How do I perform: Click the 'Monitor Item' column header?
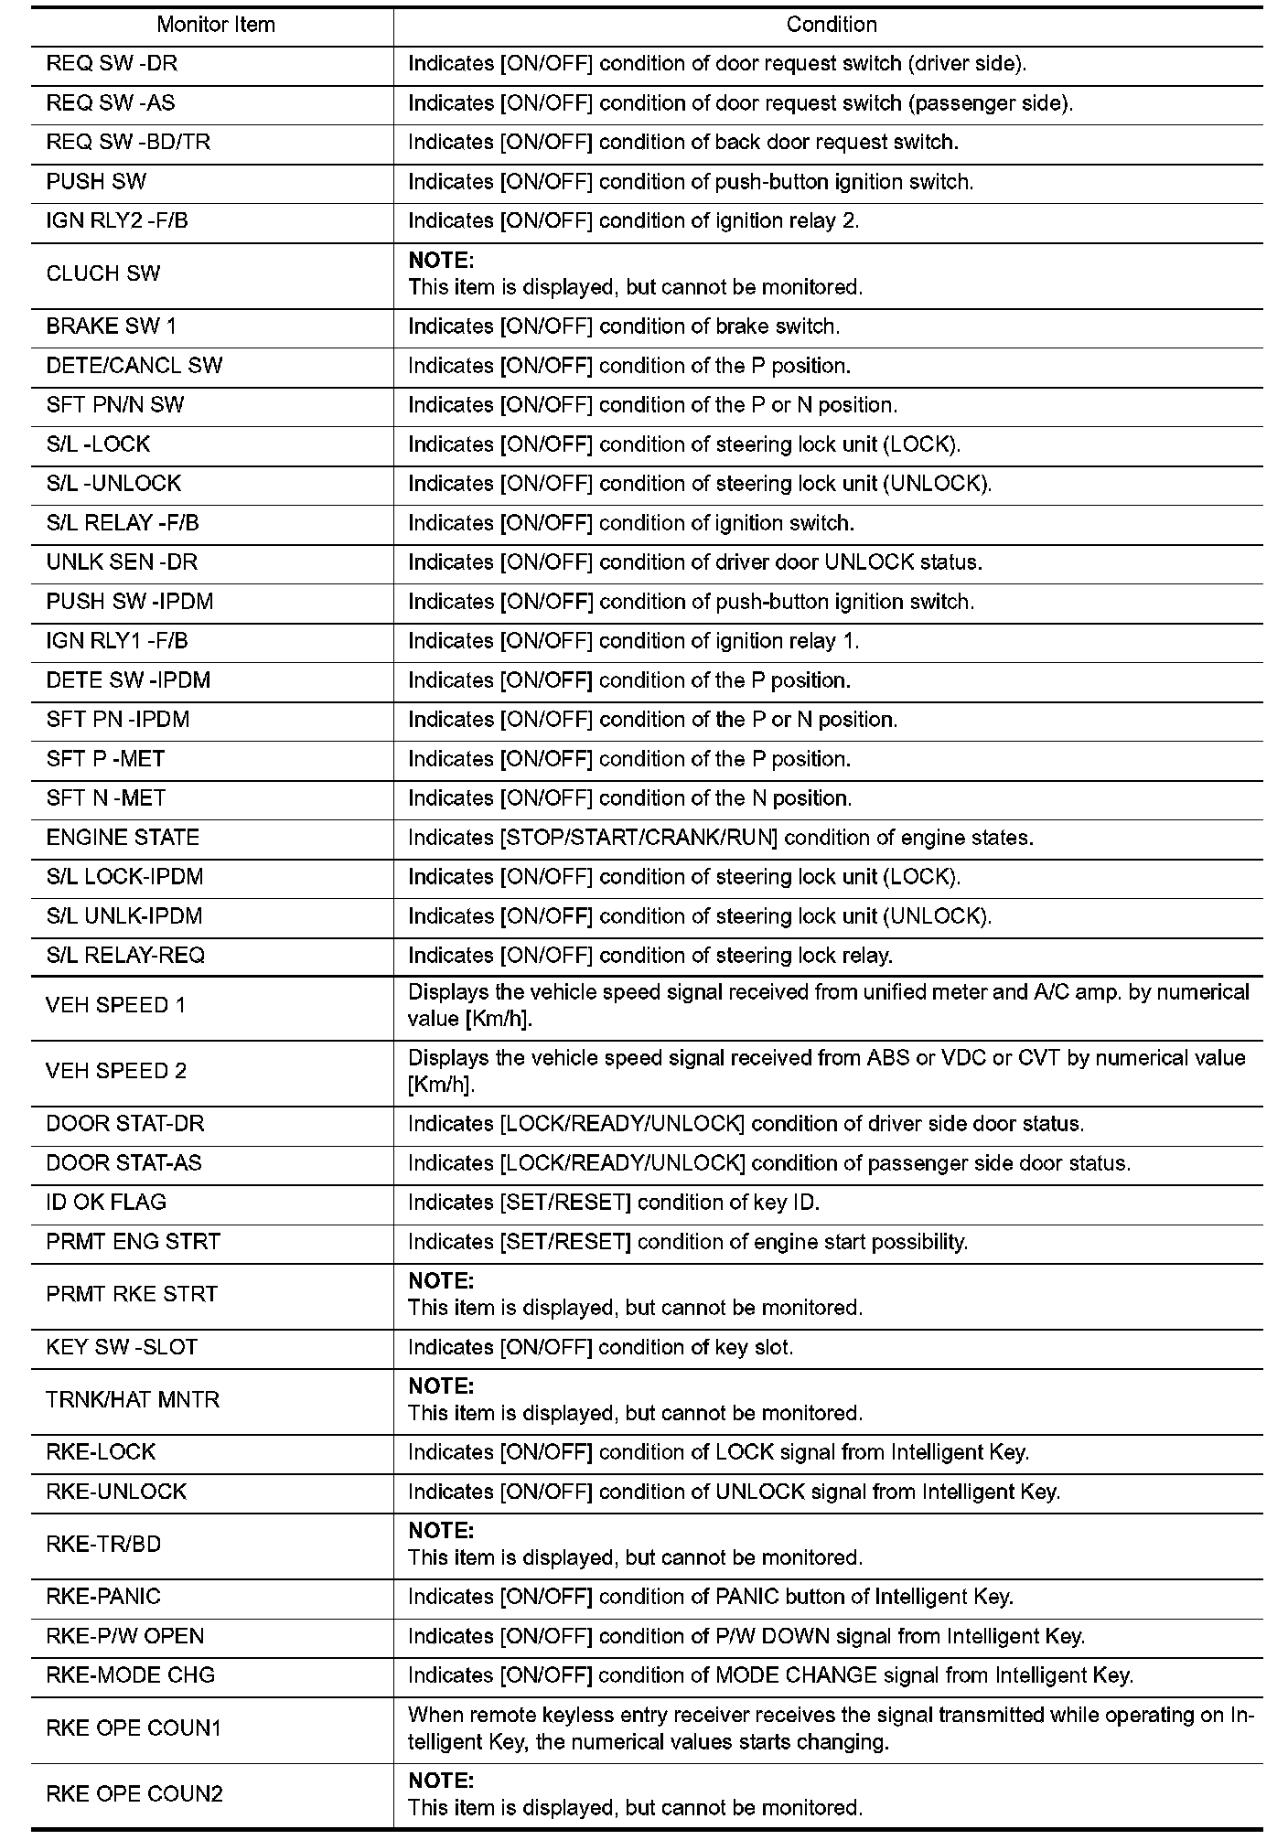pyautogui.click(x=216, y=26)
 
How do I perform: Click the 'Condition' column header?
pyautogui.click(x=831, y=26)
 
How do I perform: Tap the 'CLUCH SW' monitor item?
pyautogui.click(x=103, y=274)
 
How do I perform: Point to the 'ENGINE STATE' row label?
pyautogui.click(x=123, y=838)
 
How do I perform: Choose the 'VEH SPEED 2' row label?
pyautogui.click(x=116, y=1072)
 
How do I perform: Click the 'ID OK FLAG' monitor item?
pyautogui.click(x=106, y=1203)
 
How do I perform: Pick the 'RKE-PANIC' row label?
pyautogui.click(x=103, y=1597)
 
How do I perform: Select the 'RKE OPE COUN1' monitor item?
pyautogui.click(x=134, y=1728)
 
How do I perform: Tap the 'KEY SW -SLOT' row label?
pyautogui.click(x=122, y=1347)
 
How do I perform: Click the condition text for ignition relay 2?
pyautogui.click(x=633, y=221)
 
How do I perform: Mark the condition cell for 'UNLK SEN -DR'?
pyautogui.click(x=694, y=562)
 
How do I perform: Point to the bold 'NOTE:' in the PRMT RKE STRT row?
pyautogui.click(x=441, y=1281)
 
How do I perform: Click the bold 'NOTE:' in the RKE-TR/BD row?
pyautogui.click(x=441, y=1531)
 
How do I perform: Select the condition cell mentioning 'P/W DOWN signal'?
pyautogui.click(x=746, y=1636)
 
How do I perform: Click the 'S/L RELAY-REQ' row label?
pyautogui.click(x=125, y=956)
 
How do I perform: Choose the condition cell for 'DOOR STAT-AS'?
pyautogui.click(x=768, y=1163)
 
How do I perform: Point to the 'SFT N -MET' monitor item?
pyautogui.click(x=106, y=798)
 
